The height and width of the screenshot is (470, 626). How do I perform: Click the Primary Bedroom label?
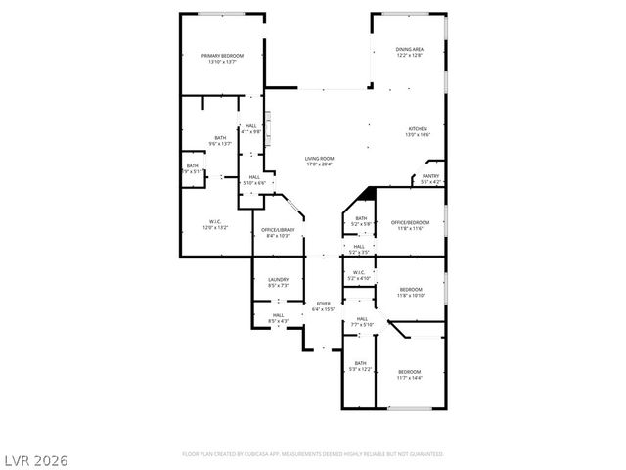(x=222, y=59)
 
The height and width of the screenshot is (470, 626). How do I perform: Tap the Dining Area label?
(x=409, y=52)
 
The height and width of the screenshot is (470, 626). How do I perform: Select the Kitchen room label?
(x=419, y=132)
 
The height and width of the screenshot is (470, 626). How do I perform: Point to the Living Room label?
(x=319, y=162)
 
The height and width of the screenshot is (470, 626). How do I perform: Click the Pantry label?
(x=430, y=179)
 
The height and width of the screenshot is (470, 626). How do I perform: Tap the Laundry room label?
(x=278, y=283)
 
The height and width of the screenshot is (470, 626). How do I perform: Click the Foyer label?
(x=323, y=306)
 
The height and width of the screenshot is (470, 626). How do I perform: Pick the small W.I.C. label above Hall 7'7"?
(x=359, y=275)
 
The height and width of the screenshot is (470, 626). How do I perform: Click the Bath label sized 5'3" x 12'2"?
(x=360, y=366)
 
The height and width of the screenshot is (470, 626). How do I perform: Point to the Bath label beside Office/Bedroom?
(x=361, y=221)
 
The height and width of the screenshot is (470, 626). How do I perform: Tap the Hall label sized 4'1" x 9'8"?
(x=251, y=129)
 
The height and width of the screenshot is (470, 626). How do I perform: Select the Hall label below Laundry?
(x=278, y=318)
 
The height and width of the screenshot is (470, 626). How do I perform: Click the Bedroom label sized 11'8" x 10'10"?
(x=410, y=292)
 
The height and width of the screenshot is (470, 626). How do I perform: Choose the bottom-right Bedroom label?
(x=409, y=374)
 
